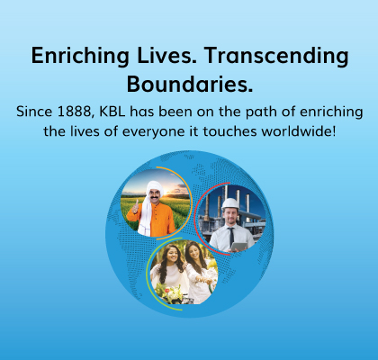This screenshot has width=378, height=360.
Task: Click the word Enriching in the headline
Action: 80,56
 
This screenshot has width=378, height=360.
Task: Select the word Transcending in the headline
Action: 276,56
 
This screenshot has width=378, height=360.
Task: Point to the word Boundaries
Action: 190,84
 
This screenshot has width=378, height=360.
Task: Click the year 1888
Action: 74,112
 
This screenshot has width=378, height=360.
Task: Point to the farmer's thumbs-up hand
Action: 136,207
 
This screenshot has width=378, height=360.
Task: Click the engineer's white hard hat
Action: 230,203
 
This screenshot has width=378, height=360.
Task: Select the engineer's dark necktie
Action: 231,237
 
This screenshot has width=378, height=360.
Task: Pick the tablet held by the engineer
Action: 239,247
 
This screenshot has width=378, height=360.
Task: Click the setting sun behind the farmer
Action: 166,191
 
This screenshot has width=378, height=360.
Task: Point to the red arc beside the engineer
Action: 195,219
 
